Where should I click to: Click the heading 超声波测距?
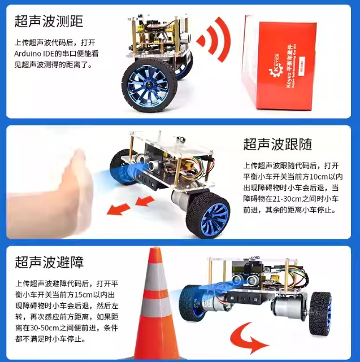49,21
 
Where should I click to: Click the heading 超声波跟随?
277,145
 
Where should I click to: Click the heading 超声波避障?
49,262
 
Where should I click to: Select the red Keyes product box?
279,62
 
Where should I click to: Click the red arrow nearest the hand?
119,209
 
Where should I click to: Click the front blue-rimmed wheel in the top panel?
149,85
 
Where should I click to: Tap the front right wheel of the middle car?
208,215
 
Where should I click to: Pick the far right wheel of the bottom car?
320,313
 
